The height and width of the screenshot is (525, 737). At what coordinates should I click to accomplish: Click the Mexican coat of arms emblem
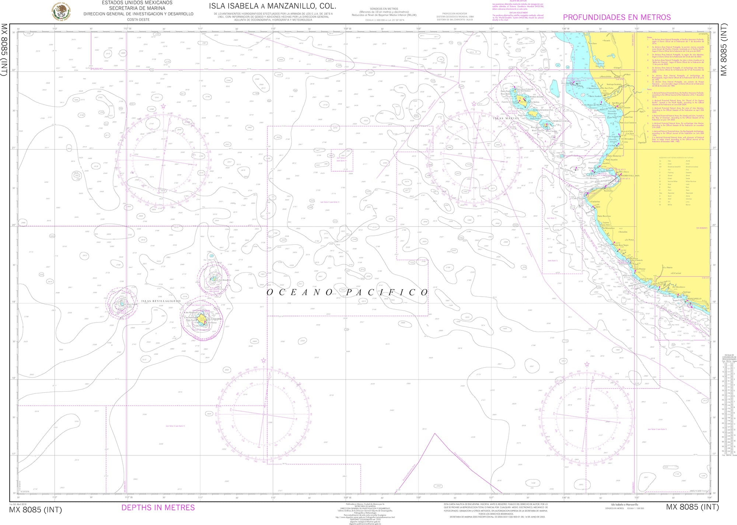pos(62,11)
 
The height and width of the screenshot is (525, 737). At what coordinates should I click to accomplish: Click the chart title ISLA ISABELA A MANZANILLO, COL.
pos(272,6)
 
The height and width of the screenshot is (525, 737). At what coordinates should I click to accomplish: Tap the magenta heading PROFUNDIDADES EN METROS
pos(617,17)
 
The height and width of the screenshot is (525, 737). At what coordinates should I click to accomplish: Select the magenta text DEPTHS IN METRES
pos(158,508)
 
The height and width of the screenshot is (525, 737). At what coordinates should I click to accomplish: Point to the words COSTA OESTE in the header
pos(138,20)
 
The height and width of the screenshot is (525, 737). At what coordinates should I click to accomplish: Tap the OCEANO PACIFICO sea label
pos(347,293)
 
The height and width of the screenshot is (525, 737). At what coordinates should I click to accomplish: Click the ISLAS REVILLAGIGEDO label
pos(161,301)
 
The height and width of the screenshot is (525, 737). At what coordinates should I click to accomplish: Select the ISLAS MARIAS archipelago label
pos(506,118)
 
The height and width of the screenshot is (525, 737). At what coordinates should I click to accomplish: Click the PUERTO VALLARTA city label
pos(630,176)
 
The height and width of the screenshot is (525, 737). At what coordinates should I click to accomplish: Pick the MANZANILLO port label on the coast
pos(694,299)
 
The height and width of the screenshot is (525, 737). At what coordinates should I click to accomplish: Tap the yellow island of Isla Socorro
pos(202,318)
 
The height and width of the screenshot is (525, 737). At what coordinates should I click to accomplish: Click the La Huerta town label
pos(668,267)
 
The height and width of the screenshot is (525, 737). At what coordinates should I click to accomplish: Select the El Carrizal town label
pos(676,273)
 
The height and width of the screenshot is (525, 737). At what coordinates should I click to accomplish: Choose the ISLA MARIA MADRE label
pos(534,97)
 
